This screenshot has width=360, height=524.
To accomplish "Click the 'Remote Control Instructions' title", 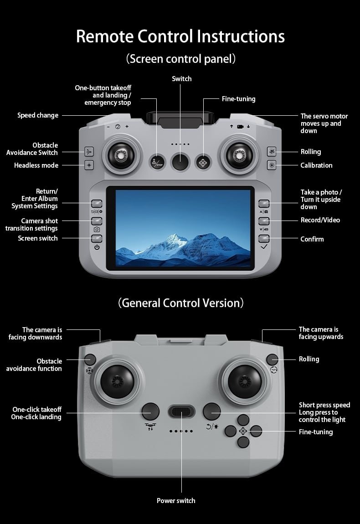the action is tap(180, 36).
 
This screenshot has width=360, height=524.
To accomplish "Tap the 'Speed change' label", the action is tap(38, 115).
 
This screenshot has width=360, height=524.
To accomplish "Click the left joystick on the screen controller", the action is tap(121, 155).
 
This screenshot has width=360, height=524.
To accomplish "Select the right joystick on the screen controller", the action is tap(239, 155).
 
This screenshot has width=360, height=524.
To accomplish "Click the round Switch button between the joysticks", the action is tap(180, 162).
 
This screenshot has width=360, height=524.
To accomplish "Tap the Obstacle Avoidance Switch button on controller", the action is tap(89, 152).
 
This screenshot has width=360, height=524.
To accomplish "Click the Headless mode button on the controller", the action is tap(89, 165).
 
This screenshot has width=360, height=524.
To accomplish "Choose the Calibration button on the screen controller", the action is tap(272, 165).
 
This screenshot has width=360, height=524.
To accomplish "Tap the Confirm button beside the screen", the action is tap(264, 238).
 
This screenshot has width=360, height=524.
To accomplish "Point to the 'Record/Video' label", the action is tap(320, 220).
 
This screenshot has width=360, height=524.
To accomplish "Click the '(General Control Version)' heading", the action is tap(180, 303).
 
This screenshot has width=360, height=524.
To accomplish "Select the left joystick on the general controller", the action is tap(118, 381).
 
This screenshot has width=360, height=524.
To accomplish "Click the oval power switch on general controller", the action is tap(181, 411).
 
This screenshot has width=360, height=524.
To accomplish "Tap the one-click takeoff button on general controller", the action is tap(150, 411).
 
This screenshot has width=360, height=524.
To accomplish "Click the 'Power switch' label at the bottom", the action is tap(176, 501).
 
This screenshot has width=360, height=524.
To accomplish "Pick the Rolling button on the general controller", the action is tap(272, 360).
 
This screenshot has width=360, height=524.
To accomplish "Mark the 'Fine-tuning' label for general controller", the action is tap(316, 432).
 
